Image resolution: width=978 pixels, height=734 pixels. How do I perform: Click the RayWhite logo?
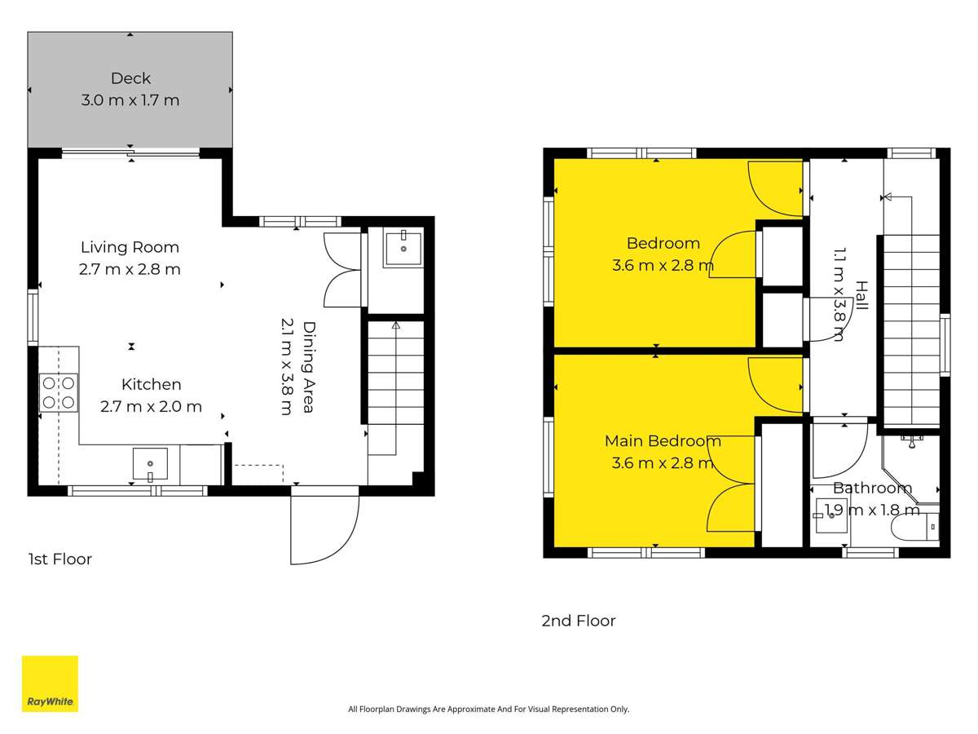(50, 683)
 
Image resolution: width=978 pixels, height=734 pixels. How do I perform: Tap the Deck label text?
(130, 78)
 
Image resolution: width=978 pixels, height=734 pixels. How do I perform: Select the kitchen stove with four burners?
(59, 392)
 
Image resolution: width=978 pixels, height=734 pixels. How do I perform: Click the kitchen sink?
(150, 464)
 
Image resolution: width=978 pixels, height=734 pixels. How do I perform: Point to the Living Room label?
(130, 247)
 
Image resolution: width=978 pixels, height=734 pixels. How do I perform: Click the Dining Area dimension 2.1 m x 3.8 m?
(287, 367)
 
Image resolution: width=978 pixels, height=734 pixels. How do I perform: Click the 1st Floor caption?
(59, 559)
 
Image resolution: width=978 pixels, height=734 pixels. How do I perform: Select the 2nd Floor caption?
(579, 621)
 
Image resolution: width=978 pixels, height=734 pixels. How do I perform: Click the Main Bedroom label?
(663, 441)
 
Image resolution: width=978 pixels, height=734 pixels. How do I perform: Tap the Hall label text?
(861, 295)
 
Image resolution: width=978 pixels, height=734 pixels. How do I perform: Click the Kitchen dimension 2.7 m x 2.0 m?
(151, 406)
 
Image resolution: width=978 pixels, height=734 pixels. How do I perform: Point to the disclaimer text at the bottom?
(489, 710)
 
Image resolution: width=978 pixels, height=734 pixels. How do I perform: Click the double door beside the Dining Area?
(342, 269)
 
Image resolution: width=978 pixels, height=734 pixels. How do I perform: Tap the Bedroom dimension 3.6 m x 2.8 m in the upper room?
(663, 265)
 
